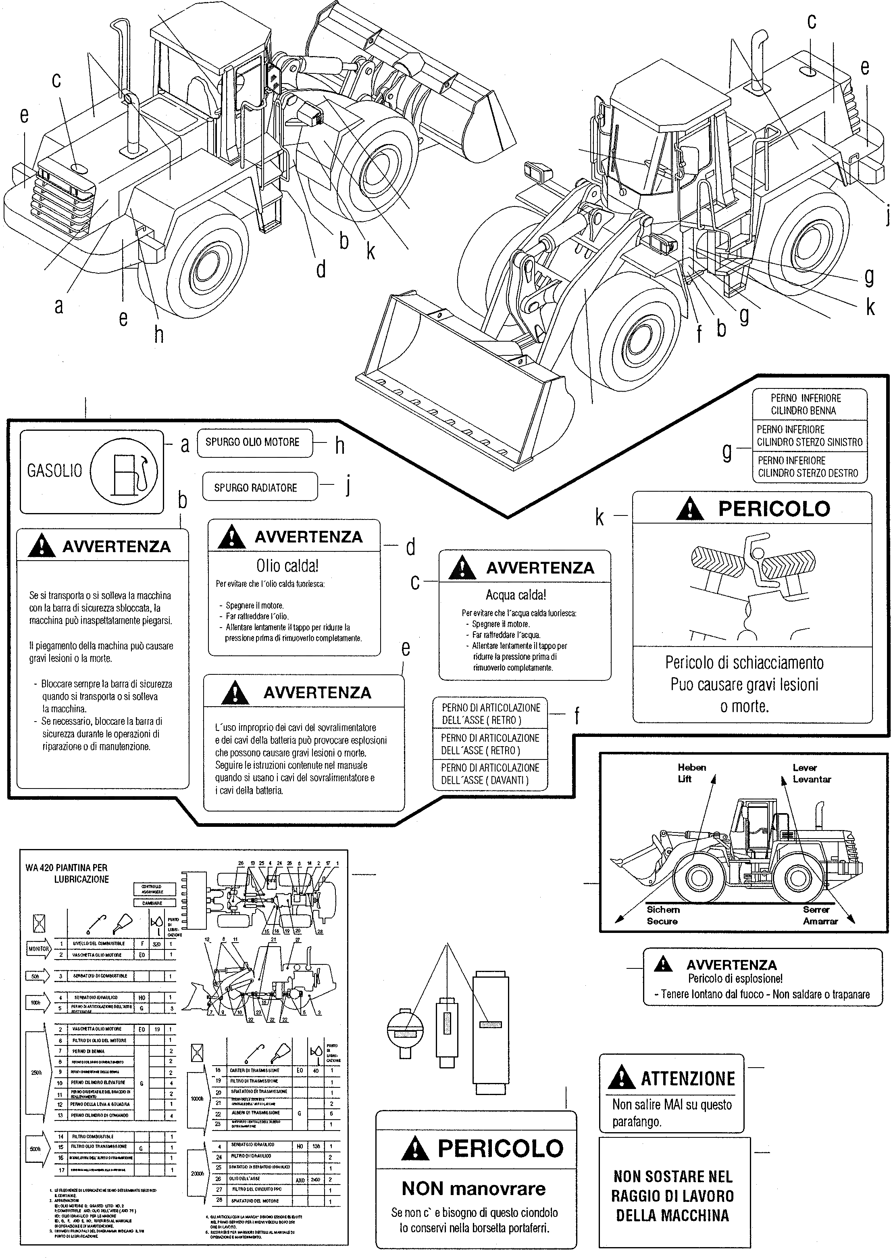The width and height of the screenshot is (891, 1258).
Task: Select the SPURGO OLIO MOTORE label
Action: [x=252, y=442]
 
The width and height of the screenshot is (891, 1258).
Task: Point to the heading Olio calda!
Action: [x=287, y=565]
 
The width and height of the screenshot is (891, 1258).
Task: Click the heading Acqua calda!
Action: [x=516, y=595]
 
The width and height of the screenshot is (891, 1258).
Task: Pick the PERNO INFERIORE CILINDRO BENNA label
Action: [x=806, y=405]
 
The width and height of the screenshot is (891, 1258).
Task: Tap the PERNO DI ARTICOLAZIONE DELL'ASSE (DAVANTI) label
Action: [x=490, y=774]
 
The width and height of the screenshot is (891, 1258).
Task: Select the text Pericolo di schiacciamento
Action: [x=745, y=663]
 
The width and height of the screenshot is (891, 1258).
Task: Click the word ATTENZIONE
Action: [x=687, y=1078]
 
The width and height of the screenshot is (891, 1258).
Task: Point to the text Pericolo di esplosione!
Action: [x=735, y=978]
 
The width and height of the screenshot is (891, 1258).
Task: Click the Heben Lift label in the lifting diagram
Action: [x=691, y=773]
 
